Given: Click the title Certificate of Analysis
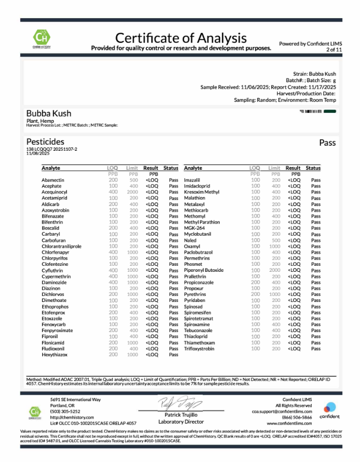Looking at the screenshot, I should pyautogui.click(x=181, y=38).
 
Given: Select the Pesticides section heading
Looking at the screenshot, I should pyautogui.click(x=45, y=142).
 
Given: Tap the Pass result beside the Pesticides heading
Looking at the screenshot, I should pyautogui.click(x=327, y=142).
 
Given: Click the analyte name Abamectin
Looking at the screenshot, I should pyautogui.click(x=53, y=180).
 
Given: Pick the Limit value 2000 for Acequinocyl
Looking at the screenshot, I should pyautogui.click(x=133, y=192).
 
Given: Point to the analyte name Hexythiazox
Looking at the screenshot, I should pyautogui.click(x=54, y=355).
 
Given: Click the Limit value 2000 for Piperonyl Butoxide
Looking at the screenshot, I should pyautogui.click(x=275, y=270).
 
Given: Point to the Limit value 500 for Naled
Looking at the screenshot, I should pyautogui.click(x=275, y=241).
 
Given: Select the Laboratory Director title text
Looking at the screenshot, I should pyautogui.click(x=181, y=421).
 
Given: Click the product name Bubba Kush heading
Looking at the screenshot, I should pyautogui.click(x=49, y=113).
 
